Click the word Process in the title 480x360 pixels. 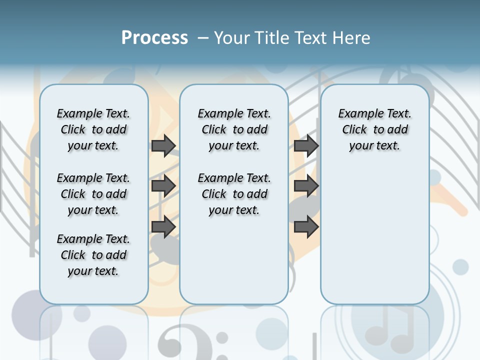(154, 38)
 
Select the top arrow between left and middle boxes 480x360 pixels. (163, 145)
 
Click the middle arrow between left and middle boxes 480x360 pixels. (163, 186)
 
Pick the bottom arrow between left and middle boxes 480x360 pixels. (163, 226)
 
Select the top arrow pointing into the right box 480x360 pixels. (306, 145)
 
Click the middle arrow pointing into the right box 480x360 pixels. (306, 186)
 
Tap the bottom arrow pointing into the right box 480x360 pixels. (306, 226)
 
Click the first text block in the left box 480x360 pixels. (93, 129)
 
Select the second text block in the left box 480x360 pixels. (93, 194)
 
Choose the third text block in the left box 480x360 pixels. (93, 255)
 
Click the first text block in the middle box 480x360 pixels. (234, 129)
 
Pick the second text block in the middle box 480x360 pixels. (234, 194)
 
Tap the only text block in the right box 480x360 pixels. (374, 129)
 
